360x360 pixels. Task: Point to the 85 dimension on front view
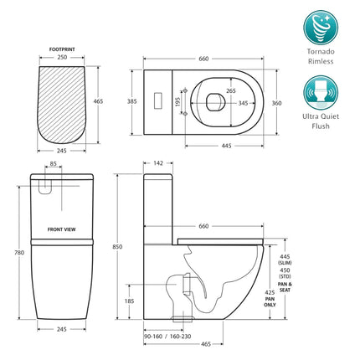pyautogui.click(x=52, y=165)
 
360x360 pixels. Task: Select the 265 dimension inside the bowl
pyautogui.click(x=229, y=80)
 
